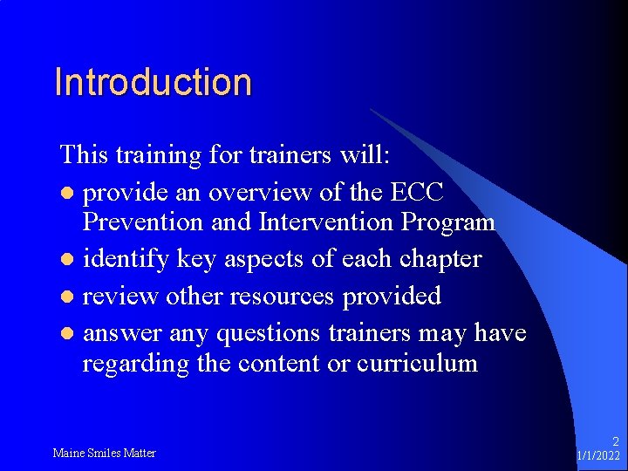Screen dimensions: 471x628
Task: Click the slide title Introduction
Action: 153,82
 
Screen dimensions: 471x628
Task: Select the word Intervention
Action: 326,222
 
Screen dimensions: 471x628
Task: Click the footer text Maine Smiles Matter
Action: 104,453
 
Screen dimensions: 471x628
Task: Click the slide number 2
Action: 615,442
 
